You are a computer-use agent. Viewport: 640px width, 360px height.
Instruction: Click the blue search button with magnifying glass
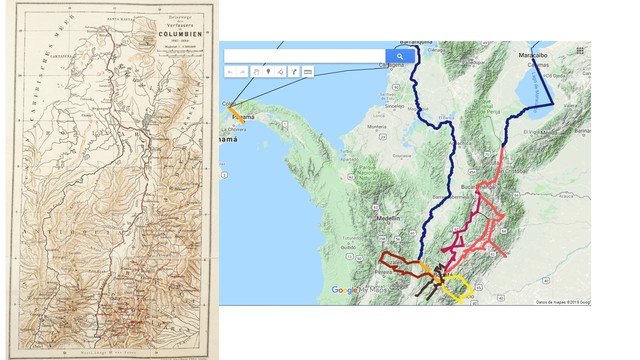tap(398, 56)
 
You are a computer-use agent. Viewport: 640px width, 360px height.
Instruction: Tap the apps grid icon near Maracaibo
tap(581, 51)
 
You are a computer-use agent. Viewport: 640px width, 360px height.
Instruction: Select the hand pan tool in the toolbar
tap(256, 72)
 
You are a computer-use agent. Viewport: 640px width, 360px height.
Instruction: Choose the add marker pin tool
tap(269, 72)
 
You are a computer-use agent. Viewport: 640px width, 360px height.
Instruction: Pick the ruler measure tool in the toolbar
tap(307, 72)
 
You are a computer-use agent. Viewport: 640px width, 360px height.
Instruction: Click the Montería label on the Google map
tap(377, 127)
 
